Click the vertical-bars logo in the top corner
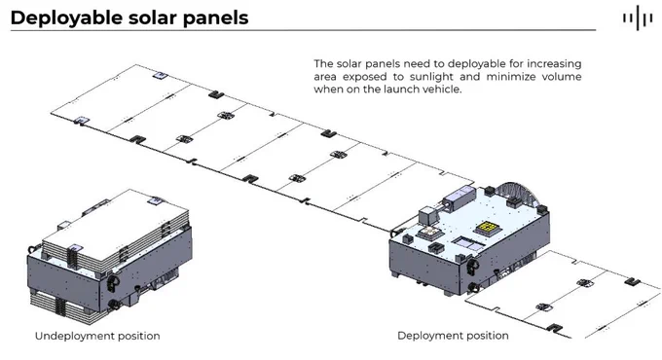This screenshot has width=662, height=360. pyautogui.click(x=638, y=18)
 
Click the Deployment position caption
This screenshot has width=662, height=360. pyautogui.click(x=453, y=336)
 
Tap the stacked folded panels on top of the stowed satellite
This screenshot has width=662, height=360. pyautogui.click(x=115, y=230)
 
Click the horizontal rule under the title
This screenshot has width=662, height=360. pyautogui.click(x=303, y=30)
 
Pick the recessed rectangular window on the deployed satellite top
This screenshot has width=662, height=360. pyautogui.click(x=468, y=244)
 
